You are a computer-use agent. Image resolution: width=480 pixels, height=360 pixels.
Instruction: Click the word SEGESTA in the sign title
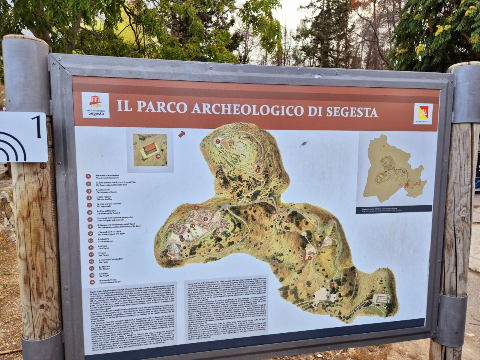click(352, 112)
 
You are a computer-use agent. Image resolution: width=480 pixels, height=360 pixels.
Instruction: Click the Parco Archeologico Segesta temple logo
click(96, 102)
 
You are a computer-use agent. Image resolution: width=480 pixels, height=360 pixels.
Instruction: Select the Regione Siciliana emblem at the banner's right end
click(423, 113)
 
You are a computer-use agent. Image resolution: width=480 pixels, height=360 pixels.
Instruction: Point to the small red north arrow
click(182, 134)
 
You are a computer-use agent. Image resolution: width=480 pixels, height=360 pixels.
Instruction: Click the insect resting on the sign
click(304, 143)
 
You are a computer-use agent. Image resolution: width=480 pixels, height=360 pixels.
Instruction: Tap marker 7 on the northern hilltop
click(218, 141)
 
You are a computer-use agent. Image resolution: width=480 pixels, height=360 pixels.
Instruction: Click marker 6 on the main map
click(257, 170)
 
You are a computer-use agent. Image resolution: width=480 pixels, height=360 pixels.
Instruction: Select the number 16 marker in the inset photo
click(158, 156)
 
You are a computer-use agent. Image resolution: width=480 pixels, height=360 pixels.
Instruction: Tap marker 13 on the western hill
click(172, 226)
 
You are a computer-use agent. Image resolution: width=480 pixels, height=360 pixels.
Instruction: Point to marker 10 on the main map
click(215, 236)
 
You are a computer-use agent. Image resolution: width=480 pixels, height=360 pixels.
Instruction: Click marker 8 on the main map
click(196, 208)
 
